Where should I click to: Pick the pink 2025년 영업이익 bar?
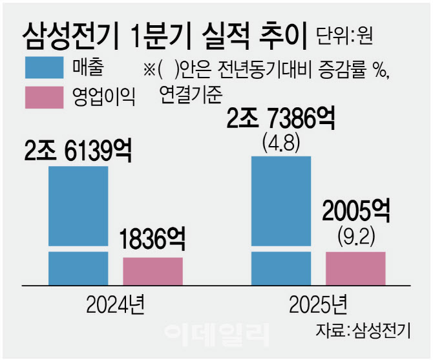pos(355,268)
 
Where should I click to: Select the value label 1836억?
pos(153,240)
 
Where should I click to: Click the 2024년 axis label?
pos(116,302)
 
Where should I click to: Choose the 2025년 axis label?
pos(319,302)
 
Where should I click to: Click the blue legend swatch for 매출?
pos(44,67)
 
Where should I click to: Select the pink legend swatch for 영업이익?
pos(44,98)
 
